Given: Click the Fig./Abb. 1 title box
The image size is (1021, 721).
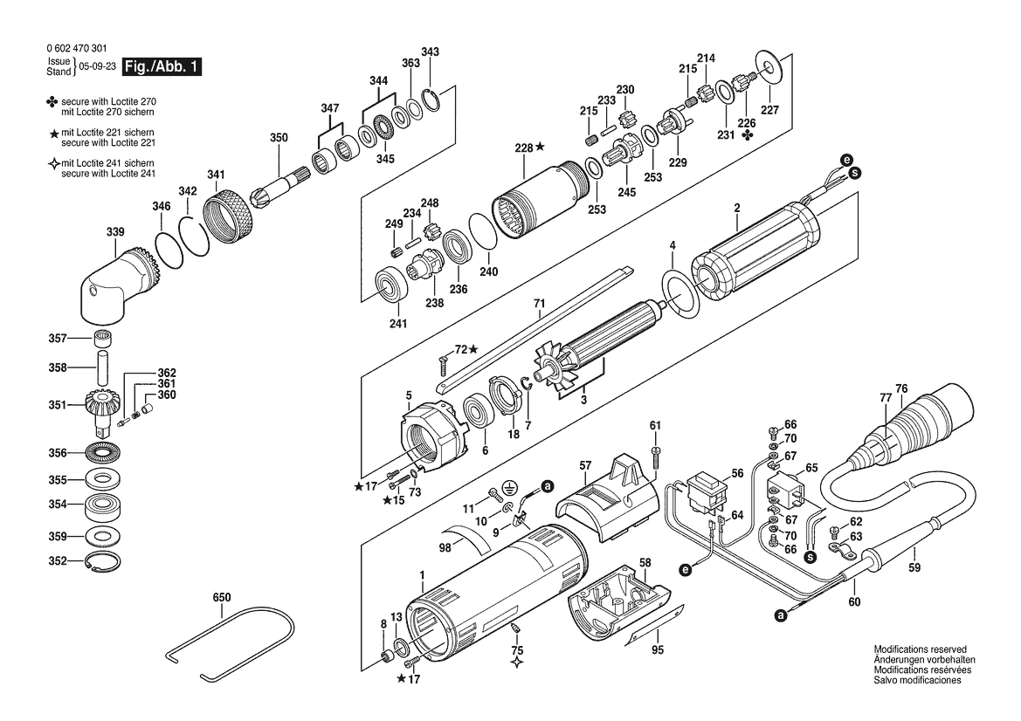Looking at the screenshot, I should click(x=162, y=67).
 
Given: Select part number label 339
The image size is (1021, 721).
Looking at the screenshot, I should click(x=115, y=232).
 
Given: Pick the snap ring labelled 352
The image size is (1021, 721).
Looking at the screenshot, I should click(x=103, y=562).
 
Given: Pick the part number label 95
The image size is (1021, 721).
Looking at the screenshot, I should click(x=658, y=649).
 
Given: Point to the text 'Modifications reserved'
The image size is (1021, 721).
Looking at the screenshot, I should click(x=920, y=650).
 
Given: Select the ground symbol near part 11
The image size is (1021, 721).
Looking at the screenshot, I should click(x=513, y=487).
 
